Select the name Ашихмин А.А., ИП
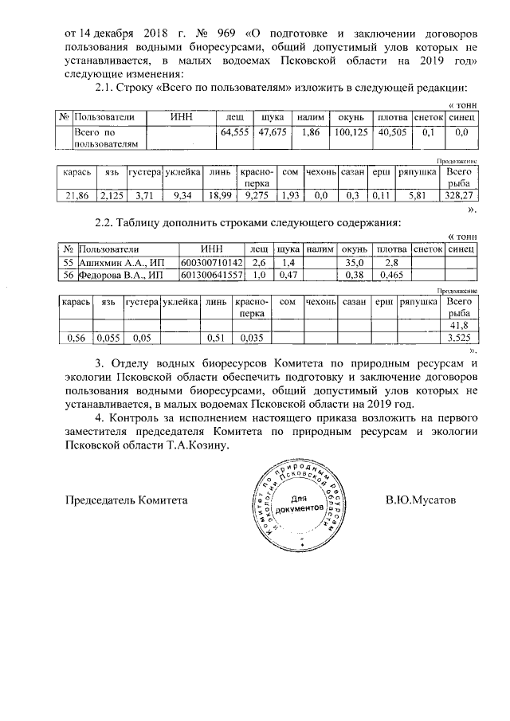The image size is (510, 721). click(x=119, y=262)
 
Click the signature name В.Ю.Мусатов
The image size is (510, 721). click(x=420, y=500)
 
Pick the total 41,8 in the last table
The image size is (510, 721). click(x=459, y=325)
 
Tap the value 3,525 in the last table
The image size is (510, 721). click(x=459, y=338)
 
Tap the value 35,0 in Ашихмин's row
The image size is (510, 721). click(x=352, y=262)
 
